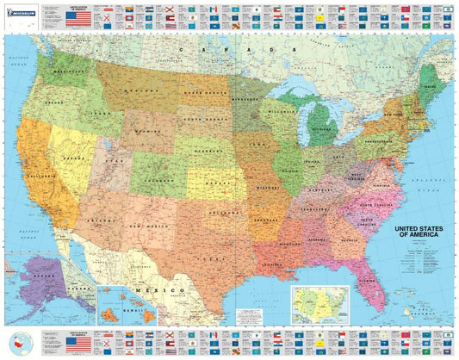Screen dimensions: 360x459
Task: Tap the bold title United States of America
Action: [420, 234]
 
